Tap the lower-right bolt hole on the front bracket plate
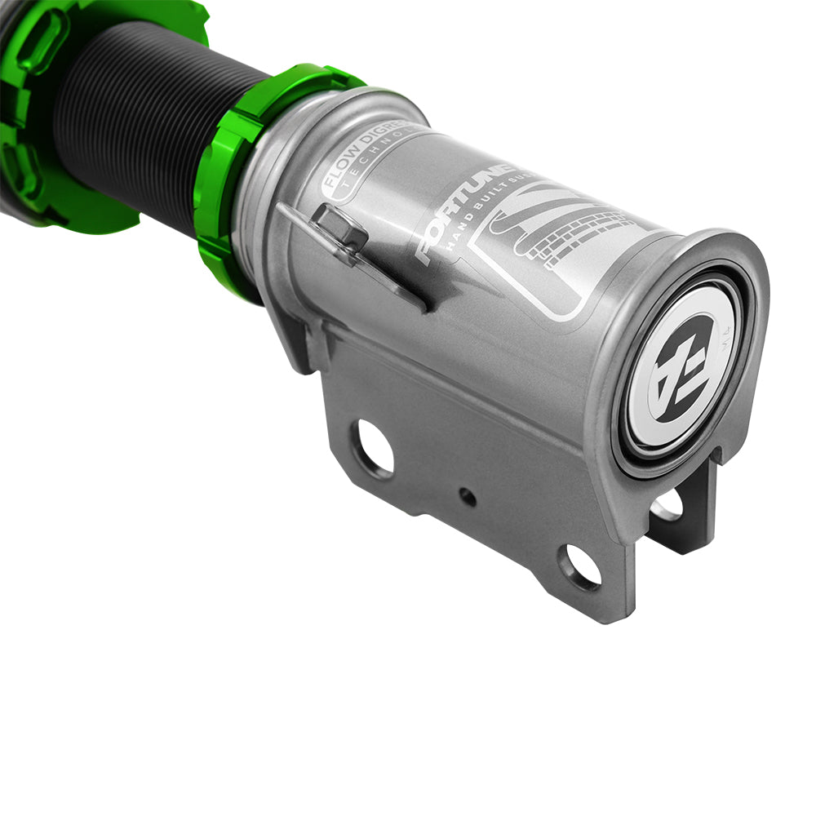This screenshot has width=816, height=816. point(579,566)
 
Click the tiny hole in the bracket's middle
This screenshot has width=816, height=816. point(467,496)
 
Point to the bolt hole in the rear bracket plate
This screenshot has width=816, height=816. point(667,506)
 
